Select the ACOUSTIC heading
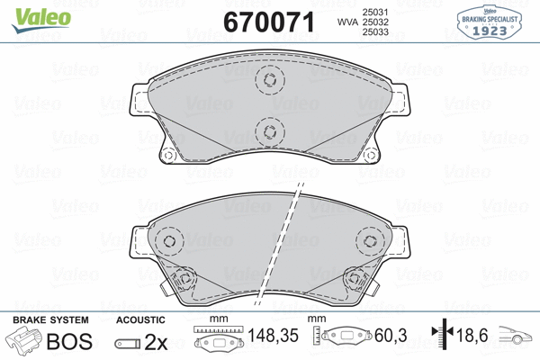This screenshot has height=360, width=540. tap(141, 320)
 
